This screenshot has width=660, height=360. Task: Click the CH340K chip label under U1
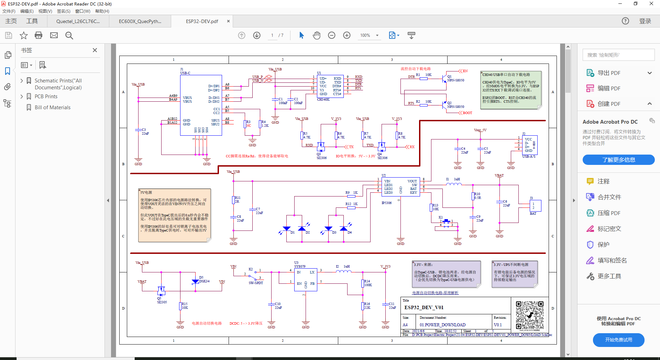323,100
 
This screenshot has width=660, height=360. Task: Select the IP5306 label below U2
386,203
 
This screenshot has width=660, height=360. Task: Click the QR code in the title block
529,315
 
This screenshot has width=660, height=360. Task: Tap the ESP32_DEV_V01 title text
424,307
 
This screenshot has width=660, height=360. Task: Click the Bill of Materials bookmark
52,108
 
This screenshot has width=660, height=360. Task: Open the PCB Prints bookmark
46,97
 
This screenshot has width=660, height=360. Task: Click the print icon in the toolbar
38,35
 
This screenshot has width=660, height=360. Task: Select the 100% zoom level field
365,35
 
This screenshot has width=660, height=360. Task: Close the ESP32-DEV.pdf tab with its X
228,21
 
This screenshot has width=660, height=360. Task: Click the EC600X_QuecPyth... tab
140,21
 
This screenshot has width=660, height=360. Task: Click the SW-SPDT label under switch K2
256,283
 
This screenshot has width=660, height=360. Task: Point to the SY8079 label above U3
300,267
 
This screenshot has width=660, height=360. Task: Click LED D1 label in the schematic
293,233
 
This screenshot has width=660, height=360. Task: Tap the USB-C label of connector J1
185,73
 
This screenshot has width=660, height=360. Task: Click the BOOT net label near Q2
467,113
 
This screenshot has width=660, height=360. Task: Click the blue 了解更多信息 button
618,160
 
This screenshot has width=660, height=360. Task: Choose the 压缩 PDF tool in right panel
608,213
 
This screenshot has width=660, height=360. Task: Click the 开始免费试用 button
618,340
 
